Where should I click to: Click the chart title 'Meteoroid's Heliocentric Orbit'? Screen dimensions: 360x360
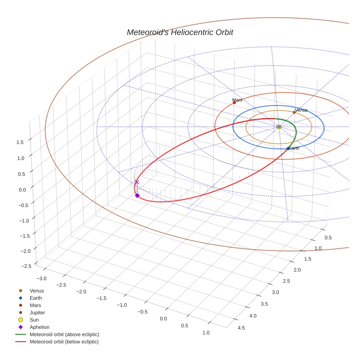[x=180, y=33]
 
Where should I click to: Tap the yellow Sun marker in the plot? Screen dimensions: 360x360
[x=279, y=127]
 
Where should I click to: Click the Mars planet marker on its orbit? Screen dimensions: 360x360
[x=234, y=103]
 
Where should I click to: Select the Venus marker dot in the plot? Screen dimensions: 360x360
[x=294, y=112]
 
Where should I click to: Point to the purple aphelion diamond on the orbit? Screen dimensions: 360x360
[x=137, y=195]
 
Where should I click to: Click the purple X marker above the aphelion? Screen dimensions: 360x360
[x=137, y=182]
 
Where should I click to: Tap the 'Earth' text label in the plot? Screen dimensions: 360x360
[x=293, y=148]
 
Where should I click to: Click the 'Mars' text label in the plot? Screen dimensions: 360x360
[x=237, y=100]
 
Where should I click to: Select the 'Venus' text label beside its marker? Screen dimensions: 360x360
[x=301, y=110]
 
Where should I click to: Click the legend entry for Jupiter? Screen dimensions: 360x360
[x=37, y=312]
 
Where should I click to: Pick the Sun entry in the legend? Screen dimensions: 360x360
[x=34, y=320]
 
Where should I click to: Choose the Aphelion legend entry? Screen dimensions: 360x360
[x=40, y=327]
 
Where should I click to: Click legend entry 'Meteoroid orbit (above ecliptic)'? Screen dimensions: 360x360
[x=64, y=334]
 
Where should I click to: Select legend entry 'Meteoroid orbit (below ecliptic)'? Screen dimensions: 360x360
[x=64, y=342]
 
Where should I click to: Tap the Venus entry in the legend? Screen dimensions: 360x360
[x=37, y=291]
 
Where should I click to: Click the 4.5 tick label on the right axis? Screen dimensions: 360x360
[x=241, y=327]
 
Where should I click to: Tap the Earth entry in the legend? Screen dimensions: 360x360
[x=36, y=298]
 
